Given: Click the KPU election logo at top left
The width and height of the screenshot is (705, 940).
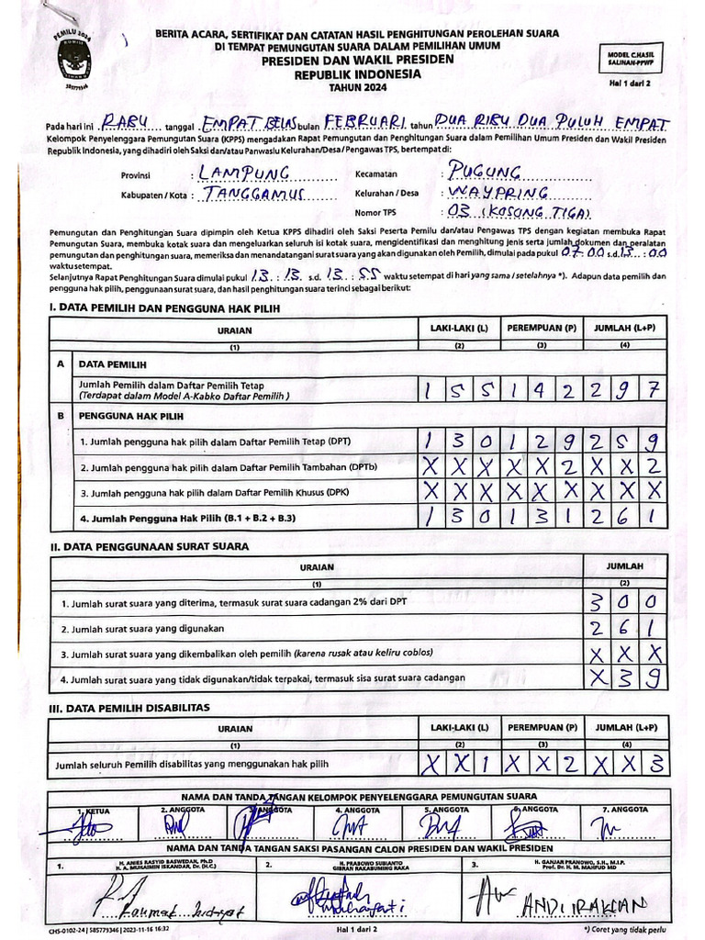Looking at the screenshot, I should point(74,59).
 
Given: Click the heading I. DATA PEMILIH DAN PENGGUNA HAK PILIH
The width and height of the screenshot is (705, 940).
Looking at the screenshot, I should point(164,308).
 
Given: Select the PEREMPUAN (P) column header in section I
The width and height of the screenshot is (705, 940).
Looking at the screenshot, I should point(542,328).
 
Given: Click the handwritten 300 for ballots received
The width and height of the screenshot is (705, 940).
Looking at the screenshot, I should point(625,602).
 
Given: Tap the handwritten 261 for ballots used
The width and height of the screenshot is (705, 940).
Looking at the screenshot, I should point(625,628).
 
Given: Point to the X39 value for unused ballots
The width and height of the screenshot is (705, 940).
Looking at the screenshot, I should point(625,677).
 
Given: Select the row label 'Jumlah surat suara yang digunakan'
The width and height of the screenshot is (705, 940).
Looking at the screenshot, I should point(142,630).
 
